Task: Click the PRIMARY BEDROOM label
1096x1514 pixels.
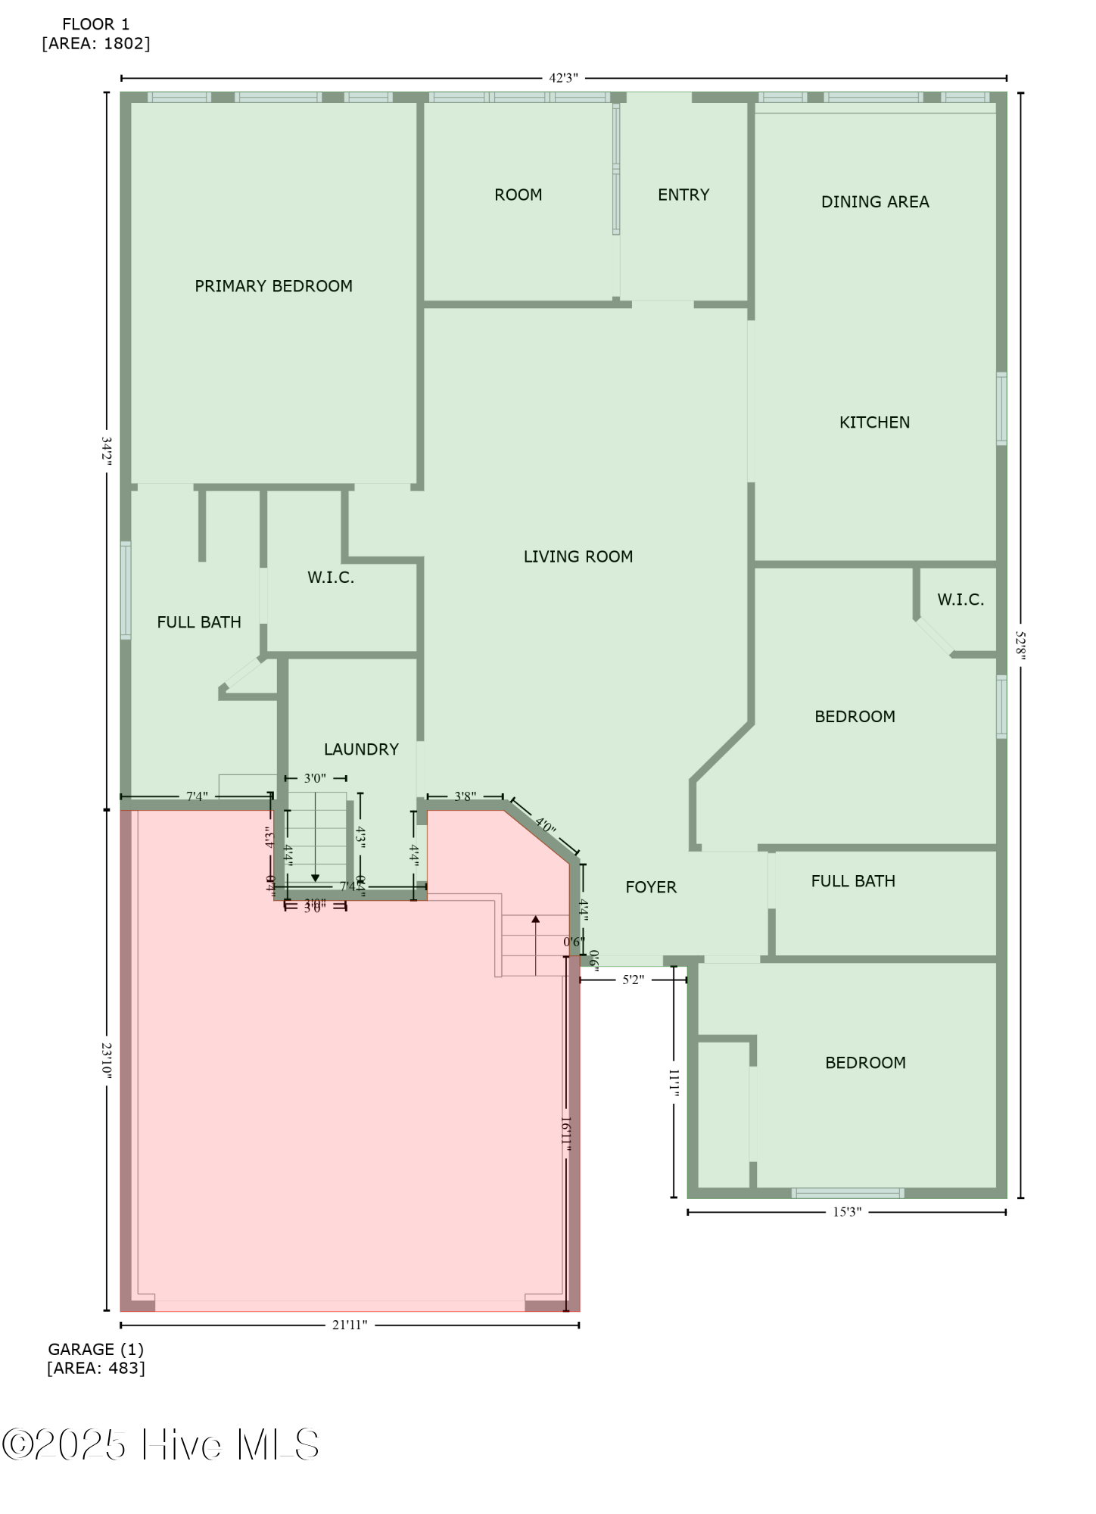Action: pyautogui.click(x=273, y=286)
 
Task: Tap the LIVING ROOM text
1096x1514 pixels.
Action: pyautogui.click(x=578, y=556)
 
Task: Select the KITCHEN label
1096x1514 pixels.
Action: pyautogui.click(x=873, y=422)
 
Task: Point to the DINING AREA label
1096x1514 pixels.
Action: pyautogui.click(x=874, y=201)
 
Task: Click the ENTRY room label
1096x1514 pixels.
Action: pyautogui.click(x=683, y=195)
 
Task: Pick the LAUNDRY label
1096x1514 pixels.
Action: pyautogui.click(x=361, y=749)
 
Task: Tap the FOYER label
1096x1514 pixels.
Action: pyautogui.click(x=650, y=886)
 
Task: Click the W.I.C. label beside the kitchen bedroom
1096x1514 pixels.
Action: pyautogui.click(x=960, y=600)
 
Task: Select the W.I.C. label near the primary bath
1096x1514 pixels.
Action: pyautogui.click(x=330, y=578)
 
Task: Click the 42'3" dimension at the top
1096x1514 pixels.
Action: pyautogui.click(x=563, y=78)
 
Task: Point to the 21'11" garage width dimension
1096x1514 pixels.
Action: pyautogui.click(x=350, y=1325)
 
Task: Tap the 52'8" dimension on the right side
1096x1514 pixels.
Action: pyautogui.click(x=1020, y=645)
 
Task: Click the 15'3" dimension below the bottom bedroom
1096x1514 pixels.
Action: pyautogui.click(x=847, y=1212)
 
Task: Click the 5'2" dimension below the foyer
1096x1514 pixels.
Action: pyautogui.click(x=633, y=980)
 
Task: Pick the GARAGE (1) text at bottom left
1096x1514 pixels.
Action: pyautogui.click(x=95, y=1349)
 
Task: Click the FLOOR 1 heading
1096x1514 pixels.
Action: pyautogui.click(x=95, y=24)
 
